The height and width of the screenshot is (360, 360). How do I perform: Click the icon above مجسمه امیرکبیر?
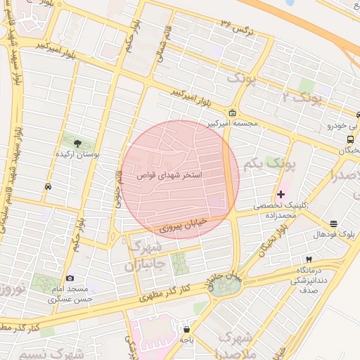[x=233, y=113]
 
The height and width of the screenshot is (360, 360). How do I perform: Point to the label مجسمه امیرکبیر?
[x=232, y=124]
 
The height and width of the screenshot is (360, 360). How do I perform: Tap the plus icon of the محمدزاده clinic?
[x=281, y=194]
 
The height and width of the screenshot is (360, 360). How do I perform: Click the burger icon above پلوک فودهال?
[x=333, y=224]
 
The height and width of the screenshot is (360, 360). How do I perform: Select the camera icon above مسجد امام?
[x=69, y=279]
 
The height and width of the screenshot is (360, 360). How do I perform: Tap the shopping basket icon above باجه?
[x=186, y=328]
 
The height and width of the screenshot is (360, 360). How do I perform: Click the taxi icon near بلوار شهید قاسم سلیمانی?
[x=47, y=187]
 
